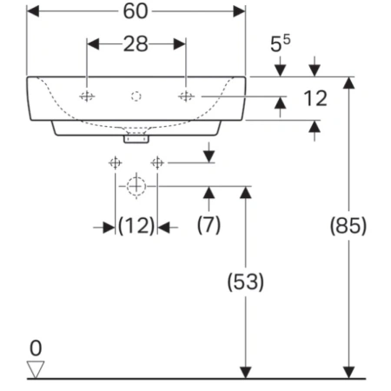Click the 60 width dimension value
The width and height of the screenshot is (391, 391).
[136, 11]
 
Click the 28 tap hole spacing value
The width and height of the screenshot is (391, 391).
[136, 44]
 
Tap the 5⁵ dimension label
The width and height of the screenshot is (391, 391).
[280, 43]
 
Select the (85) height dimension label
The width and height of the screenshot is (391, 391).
[348, 226]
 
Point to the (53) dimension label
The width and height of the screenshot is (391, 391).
[246, 282]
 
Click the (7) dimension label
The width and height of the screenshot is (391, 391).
[209, 224]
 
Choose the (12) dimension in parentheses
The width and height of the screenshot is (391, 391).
[136, 226]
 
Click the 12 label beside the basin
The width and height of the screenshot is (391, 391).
[315, 98]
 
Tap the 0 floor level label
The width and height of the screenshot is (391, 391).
[36, 348]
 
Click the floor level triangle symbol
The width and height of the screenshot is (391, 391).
[36, 369]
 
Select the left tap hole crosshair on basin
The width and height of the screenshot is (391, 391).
[87, 96]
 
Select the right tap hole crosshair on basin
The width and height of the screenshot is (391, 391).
[186, 96]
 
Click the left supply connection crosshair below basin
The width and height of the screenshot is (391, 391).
[116, 162]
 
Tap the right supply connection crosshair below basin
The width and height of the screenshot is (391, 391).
[157, 162]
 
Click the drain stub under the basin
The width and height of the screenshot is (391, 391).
[136, 139]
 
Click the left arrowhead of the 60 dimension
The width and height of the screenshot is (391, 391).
[33, 11]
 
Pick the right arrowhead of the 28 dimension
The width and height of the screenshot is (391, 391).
[180, 44]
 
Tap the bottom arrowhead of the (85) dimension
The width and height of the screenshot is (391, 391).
[348, 373]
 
